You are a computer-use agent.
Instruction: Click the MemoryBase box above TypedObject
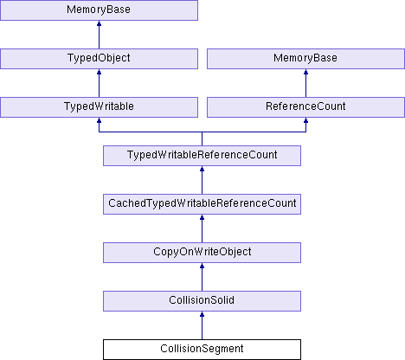[x=99, y=10]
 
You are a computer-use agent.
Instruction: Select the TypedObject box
[x=99, y=59]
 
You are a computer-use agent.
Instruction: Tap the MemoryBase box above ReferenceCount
[x=305, y=59]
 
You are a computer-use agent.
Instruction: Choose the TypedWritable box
[x=99, y=107]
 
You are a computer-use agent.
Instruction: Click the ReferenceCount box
[x=305, y=107]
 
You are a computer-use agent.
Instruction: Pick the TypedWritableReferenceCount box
[x=202, y=156]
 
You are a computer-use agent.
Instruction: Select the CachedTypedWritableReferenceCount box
[x=202, y=204]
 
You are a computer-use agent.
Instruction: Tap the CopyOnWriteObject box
[x=202, y=253]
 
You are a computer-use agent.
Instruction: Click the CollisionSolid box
[x=202, y=301]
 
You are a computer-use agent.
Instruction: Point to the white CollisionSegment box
[x=202, y=350]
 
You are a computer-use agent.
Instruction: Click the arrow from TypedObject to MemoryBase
[x=99, y=35]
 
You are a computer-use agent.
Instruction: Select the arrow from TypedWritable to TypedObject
[x=99, y=83]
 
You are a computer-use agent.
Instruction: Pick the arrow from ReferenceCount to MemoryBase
[x=305, y=83]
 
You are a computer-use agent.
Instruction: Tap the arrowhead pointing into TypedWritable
[x=99, y=120]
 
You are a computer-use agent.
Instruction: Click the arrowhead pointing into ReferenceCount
[x=305, y=120]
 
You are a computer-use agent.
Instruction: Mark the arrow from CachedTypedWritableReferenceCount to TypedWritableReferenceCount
[x=202, y=180]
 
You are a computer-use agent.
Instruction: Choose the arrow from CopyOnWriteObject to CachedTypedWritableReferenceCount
[x=202, y=228]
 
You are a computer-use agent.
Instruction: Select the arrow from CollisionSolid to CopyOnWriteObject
[x=202, y=277]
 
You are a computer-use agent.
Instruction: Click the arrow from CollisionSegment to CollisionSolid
[x=202, y=325]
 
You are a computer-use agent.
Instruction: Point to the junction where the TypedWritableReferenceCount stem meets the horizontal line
[x=202, y=132]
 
